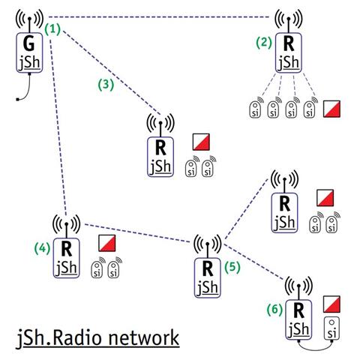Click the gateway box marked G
point(29,52)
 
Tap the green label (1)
point(52,29)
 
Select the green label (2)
point(264,43)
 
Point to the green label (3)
point(106,85)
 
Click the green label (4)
point(43,248)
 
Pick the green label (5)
point(232,267)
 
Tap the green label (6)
point(274,310)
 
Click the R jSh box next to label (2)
point(289,53)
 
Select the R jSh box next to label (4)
point(67,258)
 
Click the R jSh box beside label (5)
point(208,277)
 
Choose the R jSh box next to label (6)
point(298,319)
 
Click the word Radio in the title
point(78,338)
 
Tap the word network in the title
point(144,338)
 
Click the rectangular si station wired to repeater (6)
point(331,328)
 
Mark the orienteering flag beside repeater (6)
point(331,304)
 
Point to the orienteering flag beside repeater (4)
point(107,243)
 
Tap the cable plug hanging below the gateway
point(17,100)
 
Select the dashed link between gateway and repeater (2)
point(159,17)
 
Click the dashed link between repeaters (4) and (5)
point(138,233)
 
